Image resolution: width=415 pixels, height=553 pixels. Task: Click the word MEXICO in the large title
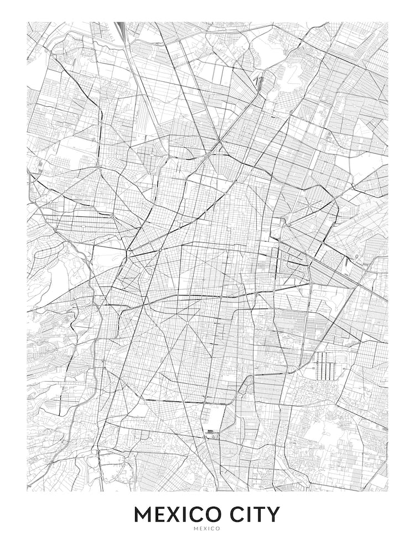178,515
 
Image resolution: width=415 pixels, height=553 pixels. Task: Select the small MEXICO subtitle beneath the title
207,529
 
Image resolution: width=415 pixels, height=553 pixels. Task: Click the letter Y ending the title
273,515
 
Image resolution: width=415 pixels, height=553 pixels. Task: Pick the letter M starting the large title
143,515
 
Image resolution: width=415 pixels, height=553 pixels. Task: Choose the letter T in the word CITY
259,515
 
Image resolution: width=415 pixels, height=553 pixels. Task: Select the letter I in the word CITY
248,515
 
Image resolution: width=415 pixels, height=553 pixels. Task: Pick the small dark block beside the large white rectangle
211,430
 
